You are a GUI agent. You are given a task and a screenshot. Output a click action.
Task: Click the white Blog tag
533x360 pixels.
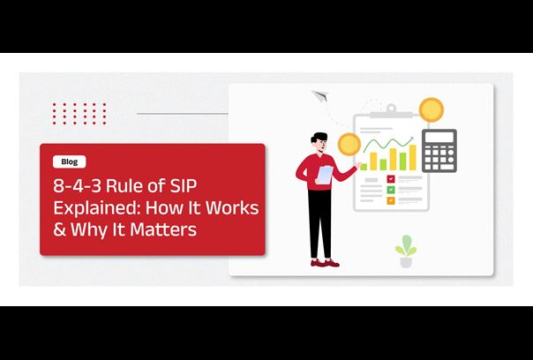point(70,161)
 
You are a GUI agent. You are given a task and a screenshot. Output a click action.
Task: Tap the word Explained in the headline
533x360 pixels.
point(96,208)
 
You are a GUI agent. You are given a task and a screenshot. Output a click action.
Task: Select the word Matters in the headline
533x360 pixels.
point(163,229)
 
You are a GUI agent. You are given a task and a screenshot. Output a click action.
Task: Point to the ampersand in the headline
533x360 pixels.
point(59,229)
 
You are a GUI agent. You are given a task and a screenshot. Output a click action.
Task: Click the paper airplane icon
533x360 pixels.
point(319,96)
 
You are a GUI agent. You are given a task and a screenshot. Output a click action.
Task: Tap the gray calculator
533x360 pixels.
point(439,151)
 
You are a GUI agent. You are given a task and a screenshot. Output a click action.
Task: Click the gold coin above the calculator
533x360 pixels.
point(432,109)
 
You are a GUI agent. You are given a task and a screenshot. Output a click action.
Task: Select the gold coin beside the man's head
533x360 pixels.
point(349,144)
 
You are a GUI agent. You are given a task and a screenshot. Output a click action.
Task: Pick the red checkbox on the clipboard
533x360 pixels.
point(391,179)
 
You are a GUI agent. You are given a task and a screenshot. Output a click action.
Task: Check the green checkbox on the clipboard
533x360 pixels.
point(391,190)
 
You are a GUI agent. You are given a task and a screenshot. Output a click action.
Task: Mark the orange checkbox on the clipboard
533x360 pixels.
point(391,200)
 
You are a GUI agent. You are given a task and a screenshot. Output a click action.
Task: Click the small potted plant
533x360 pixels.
point(406,251)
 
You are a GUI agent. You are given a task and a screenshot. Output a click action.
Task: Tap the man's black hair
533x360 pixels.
point(319,138)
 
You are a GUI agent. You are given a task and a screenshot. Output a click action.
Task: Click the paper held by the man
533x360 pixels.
point(325,175)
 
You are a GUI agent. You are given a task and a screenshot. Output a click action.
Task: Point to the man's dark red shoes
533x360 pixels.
point(325,263)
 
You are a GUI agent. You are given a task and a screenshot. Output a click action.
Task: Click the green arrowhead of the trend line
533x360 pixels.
point(411,139)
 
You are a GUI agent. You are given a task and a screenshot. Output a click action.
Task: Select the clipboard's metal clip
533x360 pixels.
point(391,111)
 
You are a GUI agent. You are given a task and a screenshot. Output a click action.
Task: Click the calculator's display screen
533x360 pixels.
point(439,138)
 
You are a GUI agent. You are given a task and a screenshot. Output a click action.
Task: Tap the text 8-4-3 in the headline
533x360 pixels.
point(77,186)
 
